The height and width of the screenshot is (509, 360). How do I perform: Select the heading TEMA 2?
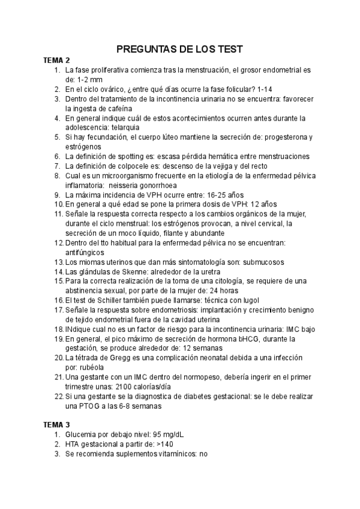(x=56, y=61)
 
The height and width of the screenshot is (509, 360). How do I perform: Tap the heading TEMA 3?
(x=56, y=424)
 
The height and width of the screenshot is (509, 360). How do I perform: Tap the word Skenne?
(x=131, y=271)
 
